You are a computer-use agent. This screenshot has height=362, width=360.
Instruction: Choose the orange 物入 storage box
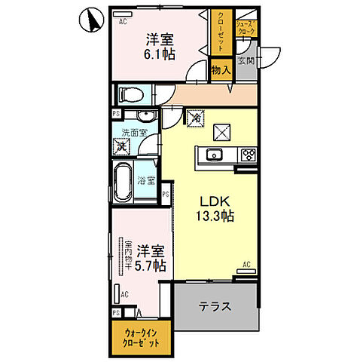pos(221,70)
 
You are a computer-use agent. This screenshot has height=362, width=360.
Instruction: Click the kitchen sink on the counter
pos(214,155)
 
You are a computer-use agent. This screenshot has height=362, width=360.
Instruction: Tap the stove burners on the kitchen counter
pos(247,155)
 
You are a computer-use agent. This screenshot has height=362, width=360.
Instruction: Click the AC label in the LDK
pos(247,265)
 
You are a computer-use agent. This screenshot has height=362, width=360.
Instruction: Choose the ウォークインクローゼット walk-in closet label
pos(141,337)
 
